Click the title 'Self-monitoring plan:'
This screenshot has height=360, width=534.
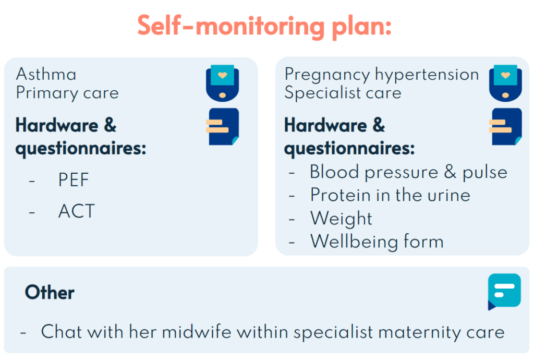click(x=264, y=27)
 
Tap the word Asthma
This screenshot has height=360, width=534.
click(x=46, y=74)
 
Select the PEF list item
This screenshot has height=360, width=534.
click(x=74, y=179)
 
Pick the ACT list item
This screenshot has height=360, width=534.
click(x=77, y=211)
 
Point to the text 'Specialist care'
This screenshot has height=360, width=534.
click(x=343, y=93)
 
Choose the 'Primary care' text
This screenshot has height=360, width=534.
click(x=67, y=93)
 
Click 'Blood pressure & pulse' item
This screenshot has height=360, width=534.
click(x=409, y=172)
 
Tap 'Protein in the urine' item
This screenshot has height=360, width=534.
click(x=390, y=195)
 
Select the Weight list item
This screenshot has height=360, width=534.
click(x=341, y=219)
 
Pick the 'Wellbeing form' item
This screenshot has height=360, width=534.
click(x=377, y=242)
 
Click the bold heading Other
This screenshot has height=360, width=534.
click(x=50, y=292)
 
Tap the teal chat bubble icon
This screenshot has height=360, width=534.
click(x=504, y=292)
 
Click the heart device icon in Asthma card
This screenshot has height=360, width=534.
click(x=222, y=83)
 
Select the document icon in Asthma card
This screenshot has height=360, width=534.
click(x=223, y=127)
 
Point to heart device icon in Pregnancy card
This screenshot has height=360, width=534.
click(x=505, y=83)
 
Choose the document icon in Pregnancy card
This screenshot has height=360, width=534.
click(x=506, y=127)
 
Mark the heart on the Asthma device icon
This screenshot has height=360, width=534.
click(x=222, y=75)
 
